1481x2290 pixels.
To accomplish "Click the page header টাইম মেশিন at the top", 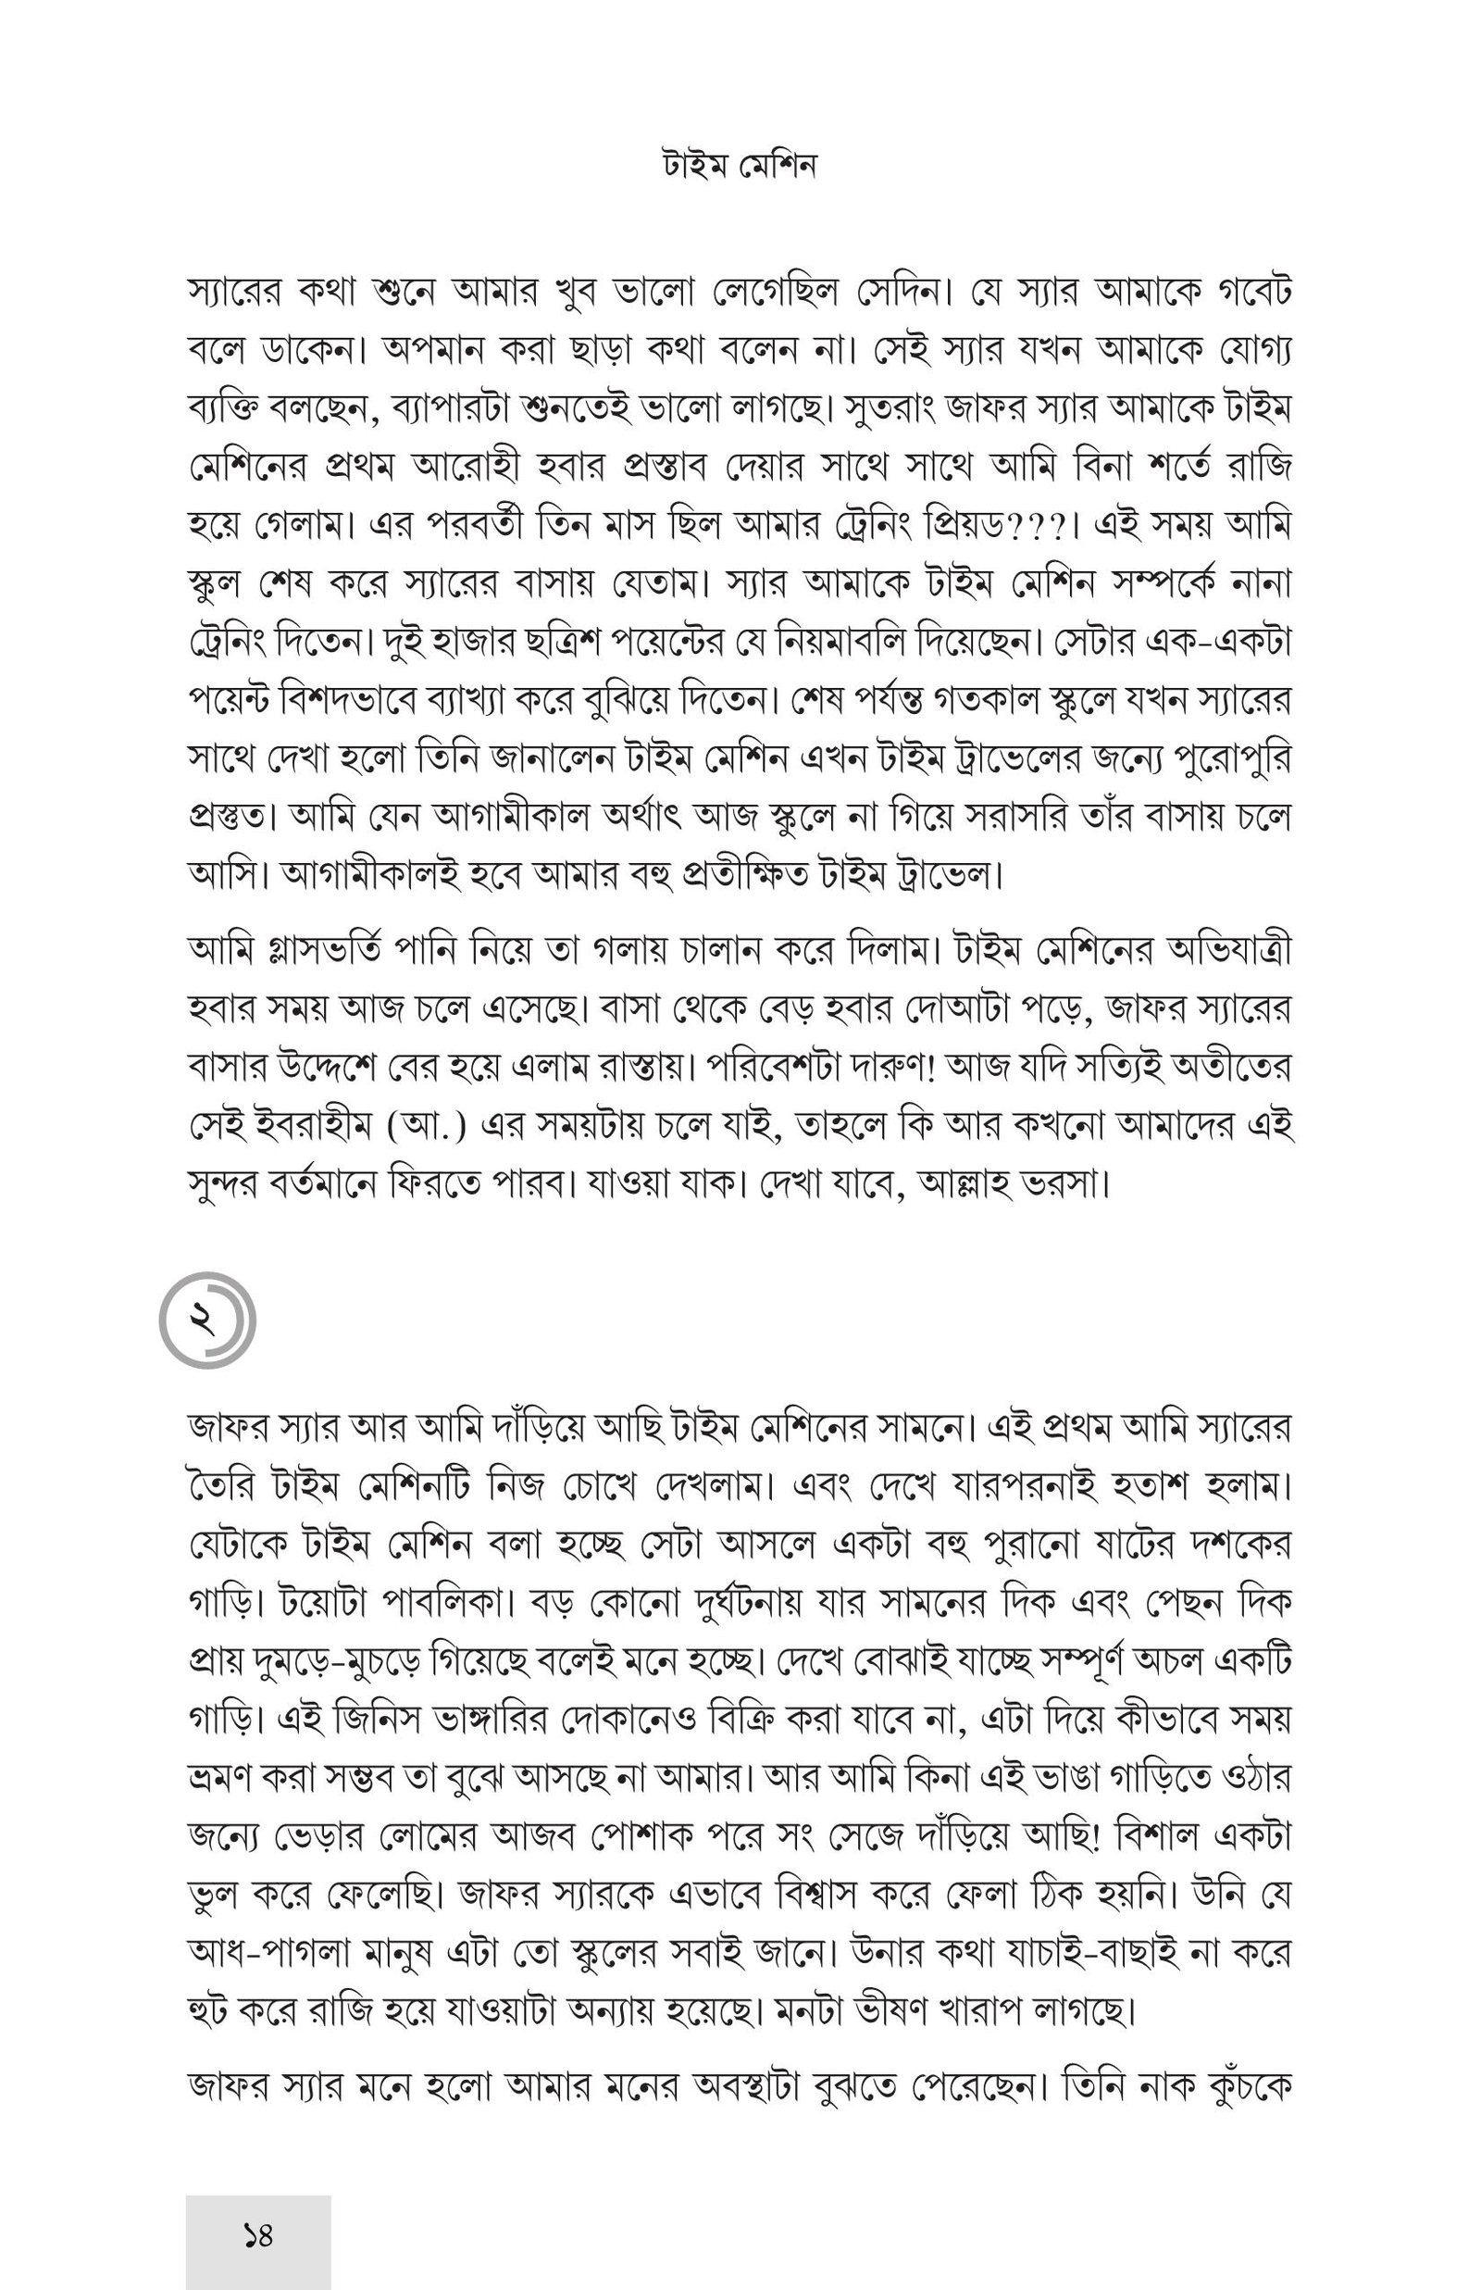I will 740,168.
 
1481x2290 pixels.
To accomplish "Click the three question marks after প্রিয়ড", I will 1038,527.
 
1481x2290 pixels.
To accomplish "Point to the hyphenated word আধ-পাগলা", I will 276,1953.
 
